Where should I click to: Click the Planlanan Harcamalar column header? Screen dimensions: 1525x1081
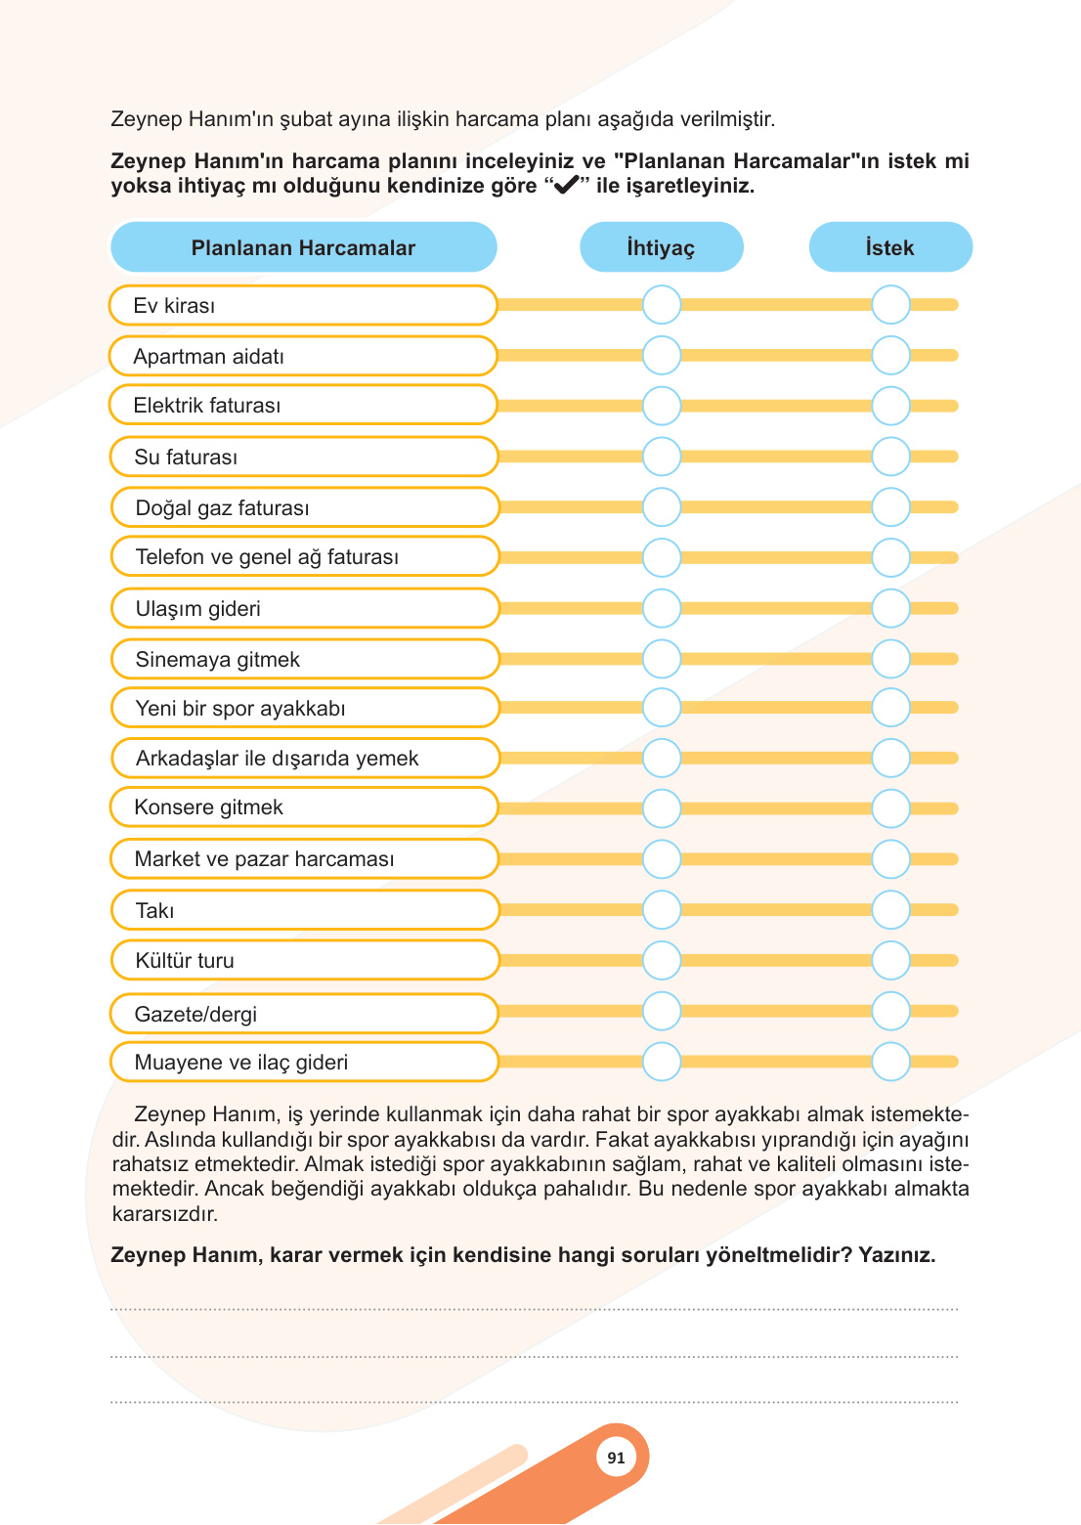pyautogui.click(x=303, y=247)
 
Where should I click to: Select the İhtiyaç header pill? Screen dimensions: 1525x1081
pyautogui.click(x=661, y=247)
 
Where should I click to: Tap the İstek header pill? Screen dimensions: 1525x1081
pyautogui.click(x=889, y=247)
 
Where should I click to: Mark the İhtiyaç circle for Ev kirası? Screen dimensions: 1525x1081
pyautogui.click(x=662, y=305)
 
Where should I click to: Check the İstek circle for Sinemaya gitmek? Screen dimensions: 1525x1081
pyautogui.click(x=890, y=659)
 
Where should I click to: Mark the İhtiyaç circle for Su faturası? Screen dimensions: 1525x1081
pyautogui.click(x=662, y=457)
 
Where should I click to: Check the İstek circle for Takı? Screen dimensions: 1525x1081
pyautogui.click(x=890, y=910)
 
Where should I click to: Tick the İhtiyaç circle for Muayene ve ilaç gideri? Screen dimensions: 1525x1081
pyautogui.click(x=662, y=1062)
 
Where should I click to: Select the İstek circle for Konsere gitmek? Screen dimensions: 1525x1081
pyautogui.click(x=890, y=808)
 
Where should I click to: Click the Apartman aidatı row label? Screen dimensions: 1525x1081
pyautogui.click(x=208, y=357)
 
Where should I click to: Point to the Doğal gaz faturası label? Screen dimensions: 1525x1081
pyautogui.click(x=222, y=508)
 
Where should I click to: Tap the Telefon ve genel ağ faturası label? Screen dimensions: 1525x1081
pyautogui.click(x=267, y=557)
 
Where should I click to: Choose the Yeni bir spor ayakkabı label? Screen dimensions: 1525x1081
pyautogui.click(x=240, y=709)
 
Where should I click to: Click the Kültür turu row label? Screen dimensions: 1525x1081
pyautogui.click(x=185, y=961)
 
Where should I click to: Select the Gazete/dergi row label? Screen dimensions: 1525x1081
pyautogui.click(x=195, y=1015)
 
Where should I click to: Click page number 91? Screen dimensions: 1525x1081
pyautogui.click(x=616, y=1458)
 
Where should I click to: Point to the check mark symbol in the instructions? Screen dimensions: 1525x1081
pyautogui.click(x=566, y=186)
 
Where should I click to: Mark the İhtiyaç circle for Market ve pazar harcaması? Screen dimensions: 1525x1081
pyautogui.click(x=662, y=859)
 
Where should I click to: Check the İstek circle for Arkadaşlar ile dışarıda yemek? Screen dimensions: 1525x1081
pyautogui.click(x=890, y=758)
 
